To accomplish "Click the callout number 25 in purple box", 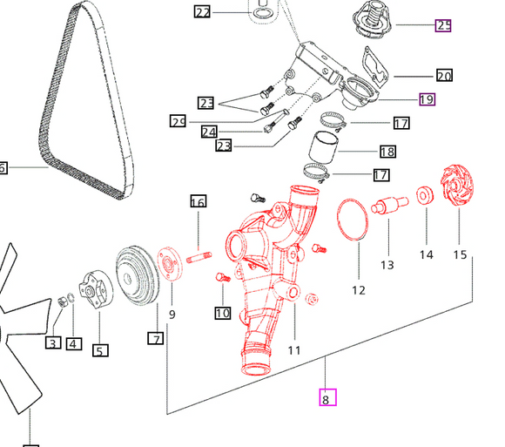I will coord(443,25).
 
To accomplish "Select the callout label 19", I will coord(427,99).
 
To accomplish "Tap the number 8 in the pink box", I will coord(327,399).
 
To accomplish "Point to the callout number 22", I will coord(202,12).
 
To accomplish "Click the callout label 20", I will coord(444,76).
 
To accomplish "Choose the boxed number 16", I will coord(198,202).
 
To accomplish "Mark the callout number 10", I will coord(222,312).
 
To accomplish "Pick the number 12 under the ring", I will coord(359,289).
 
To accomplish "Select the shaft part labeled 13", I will coord(387,209).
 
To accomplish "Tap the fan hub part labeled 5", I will coord(93,288).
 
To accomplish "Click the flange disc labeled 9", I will coord(169,266).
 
